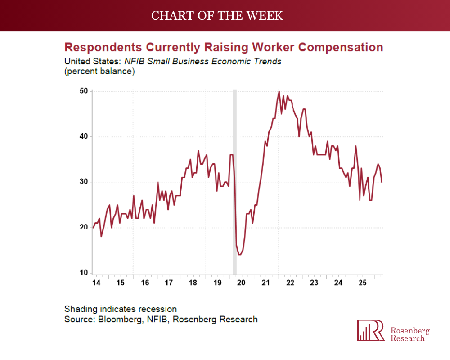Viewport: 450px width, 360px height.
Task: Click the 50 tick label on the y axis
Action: [x=84, y=91]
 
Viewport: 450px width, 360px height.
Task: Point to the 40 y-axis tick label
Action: [x=84, y=136]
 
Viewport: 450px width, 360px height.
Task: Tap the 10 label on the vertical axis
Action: [x=84, y=273]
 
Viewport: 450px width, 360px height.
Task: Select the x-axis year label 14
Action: [x=96, y=283]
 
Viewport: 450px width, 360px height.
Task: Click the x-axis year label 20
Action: [x=241, y=283]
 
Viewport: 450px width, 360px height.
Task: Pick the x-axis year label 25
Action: [x=363, y=283]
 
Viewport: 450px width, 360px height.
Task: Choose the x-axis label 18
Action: [x=193, y=283]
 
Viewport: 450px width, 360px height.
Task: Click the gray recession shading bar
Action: [x=234, y=182]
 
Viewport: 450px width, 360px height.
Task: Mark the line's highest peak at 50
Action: [x=279, y=92]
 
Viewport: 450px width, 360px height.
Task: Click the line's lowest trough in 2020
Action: [x=240, y=254]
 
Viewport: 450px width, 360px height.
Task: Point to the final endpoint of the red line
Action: [x=382, y=182]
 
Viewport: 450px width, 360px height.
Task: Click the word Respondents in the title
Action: [x=103, y=47]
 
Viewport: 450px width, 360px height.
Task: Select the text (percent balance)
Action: [x=99, y=71]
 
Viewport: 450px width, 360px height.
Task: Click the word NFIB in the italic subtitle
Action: [x=135, y=62]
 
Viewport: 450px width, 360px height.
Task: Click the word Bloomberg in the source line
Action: [x=121, y=319]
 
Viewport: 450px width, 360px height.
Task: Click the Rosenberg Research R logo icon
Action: [x=371, y=330]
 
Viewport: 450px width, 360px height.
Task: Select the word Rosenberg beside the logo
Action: [x=410, y=331]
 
